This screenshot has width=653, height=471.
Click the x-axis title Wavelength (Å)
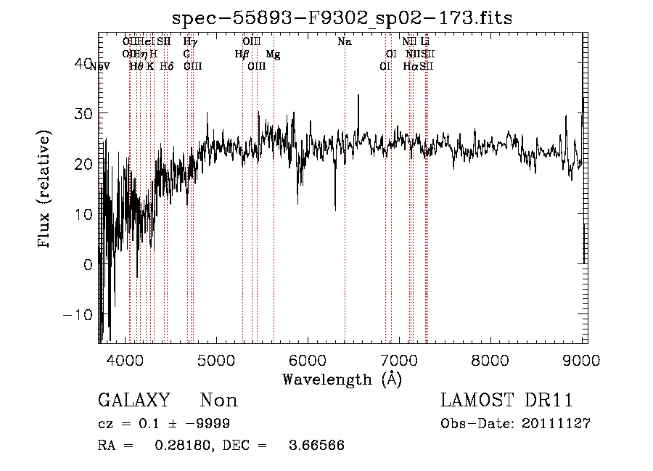click(x=342, y=379)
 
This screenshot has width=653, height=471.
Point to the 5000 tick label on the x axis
click(x=216, y=360)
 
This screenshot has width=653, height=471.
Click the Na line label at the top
click(x=345, y=42)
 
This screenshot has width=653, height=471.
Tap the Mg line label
click(x=272, y=54)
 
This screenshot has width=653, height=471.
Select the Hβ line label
click(x=242, y=54)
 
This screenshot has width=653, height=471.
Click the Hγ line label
click(x=190, y=42)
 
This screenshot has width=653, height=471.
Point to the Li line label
click(x=426, y=42)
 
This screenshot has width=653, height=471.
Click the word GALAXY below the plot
click(x=134, y=401)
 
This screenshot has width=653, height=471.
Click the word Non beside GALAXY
click(x=218, y=401)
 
